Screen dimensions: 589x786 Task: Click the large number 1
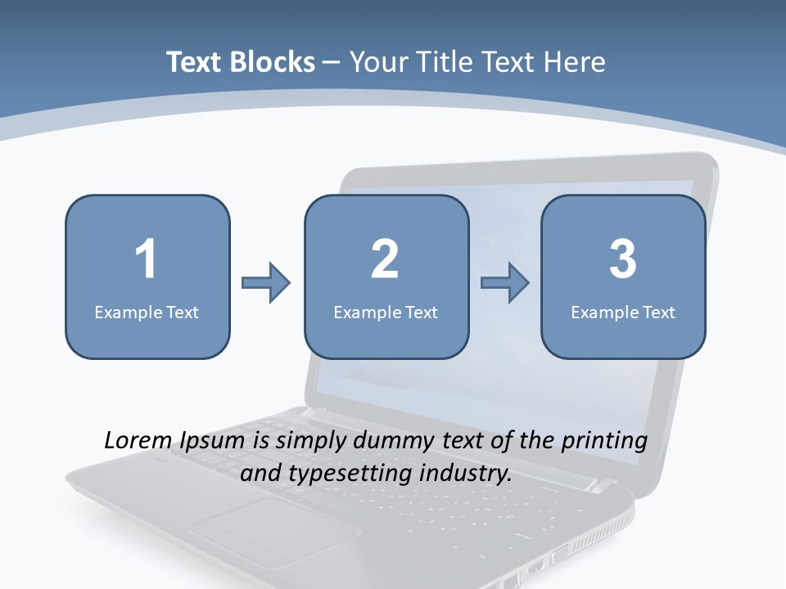[x=146, y=259]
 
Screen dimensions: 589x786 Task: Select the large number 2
[x=385, y=259]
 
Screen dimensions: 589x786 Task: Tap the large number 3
[x=623, y=259]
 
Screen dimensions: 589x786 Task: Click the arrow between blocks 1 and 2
[x=266, y=283]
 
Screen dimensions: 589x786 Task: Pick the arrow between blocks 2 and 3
[x=505, y=283]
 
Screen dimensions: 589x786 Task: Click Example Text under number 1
[x=147, y=312]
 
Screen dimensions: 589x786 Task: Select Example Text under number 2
[x=386, y=312]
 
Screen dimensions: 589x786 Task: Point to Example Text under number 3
[x=623, y=312]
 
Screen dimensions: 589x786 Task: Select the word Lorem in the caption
[x=136, y=441]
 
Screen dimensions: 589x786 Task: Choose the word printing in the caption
[x=604, y=442]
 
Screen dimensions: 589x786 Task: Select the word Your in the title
[x=377, y=62]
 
